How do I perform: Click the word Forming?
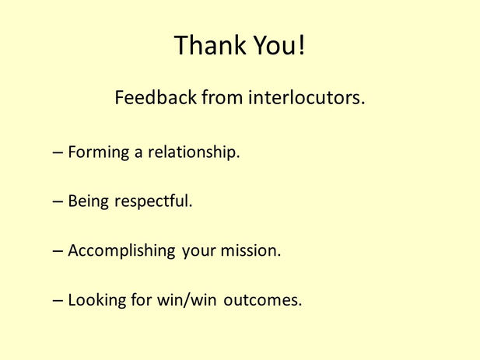coord(98,152)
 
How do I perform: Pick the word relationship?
coord(192,152)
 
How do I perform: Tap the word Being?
coord(89,201)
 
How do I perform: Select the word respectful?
coord(153,202)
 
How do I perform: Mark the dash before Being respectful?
coord(58,202)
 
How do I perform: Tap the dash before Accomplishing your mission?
coord(58,252)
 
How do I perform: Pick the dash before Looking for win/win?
coord(58,301)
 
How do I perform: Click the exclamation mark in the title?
coord(301,45)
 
